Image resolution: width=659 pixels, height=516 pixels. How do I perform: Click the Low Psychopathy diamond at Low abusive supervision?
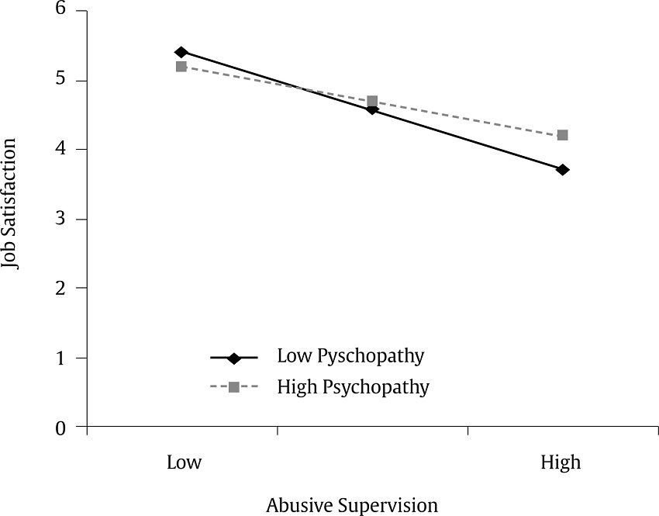pyautogui.click(x=181, y=52)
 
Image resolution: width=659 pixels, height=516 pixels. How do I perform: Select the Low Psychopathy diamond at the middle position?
pyautogui.click(x=372, y=109)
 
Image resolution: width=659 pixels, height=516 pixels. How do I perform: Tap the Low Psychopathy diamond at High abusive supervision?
pyautogui.click(x=563, y=169)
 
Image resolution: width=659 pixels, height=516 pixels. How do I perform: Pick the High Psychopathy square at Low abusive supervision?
pyautogui.click(x=181, y=67)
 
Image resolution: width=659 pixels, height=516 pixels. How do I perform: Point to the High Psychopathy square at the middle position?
pyautogui.click(x=372, y=101)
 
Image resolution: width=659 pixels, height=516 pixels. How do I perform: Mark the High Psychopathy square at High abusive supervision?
pyautogui.click(x=563, y=135)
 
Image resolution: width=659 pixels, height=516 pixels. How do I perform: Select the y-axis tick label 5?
pyautogui.click(x=60, y=81)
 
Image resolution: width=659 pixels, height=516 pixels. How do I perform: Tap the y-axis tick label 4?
pyautogui.click(x=60, y=149)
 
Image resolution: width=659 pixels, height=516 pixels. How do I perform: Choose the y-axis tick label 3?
pyautogui.click(x=60, y=219)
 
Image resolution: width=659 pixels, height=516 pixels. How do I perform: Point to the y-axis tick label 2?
pyautogui.click(x=60, y=288)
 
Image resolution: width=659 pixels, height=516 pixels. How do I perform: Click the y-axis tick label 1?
pyautogui.click(x=60, y=358)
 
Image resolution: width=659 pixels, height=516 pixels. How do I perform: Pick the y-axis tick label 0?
pyautogui.click(x=60, y=427)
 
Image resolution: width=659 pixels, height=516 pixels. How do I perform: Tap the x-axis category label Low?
pyautogui.click(x=185, y=463)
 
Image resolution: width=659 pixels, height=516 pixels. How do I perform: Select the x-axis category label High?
pyautogui.click(x=561, y=463)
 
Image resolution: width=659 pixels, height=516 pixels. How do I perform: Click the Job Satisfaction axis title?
pyautogui.click(x=11, y=204)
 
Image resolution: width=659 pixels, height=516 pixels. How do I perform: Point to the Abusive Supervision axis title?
pyautogui.click(x=352, y=505)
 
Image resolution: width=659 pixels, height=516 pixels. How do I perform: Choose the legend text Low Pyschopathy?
pyautogui.click(x=350, y=357)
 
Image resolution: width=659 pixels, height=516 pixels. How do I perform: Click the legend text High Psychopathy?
pyautogui.click(x=353, y=386)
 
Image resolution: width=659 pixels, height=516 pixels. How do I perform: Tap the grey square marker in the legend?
pyautogui.click(x=233, y=386)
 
